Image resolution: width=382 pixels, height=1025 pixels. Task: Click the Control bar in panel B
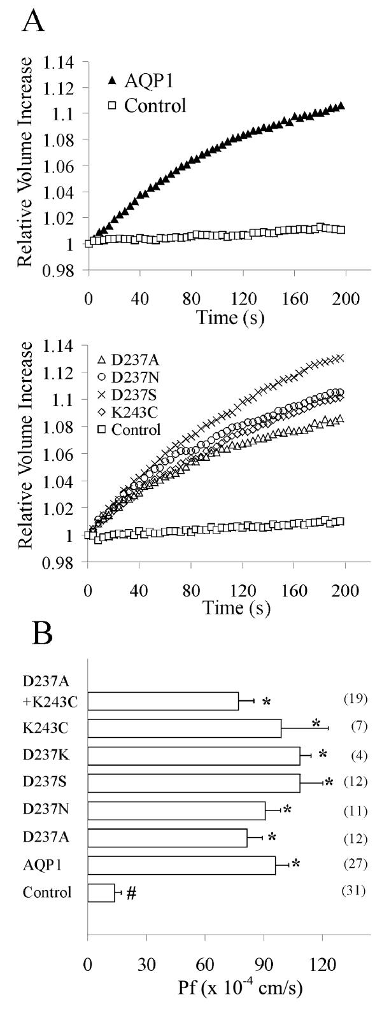pyautogui.click(x=101, y=892)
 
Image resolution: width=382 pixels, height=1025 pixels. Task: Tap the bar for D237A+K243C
pyautogui.click(x=162, y=701)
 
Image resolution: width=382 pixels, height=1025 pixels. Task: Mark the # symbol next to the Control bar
pyautogui.click(x=132, y=893)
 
